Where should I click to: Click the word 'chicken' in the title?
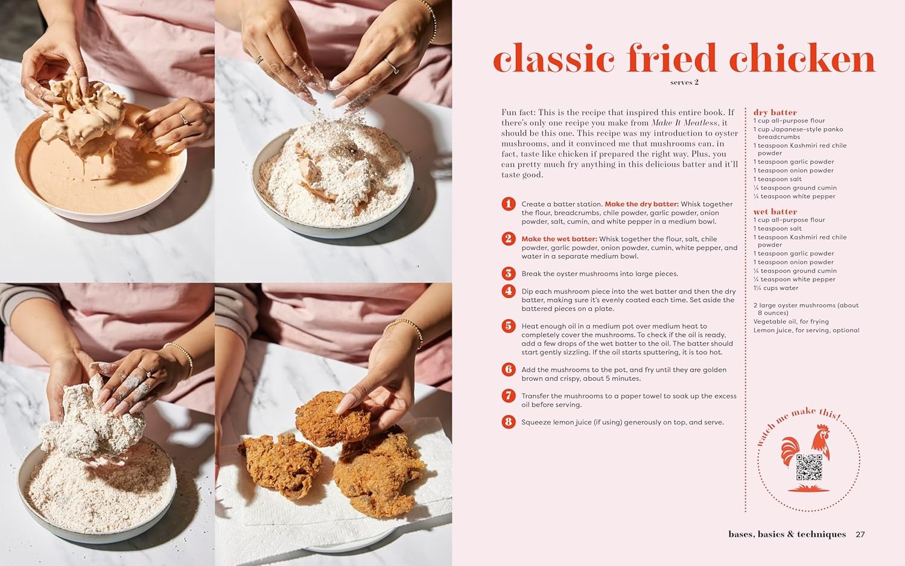click(802, 59)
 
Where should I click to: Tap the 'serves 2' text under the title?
click(684, 83)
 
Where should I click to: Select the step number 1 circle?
click(509, 204)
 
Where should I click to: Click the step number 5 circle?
click(509, 326)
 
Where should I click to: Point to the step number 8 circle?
click(509, 422)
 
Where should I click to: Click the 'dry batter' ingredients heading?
click(775, 112)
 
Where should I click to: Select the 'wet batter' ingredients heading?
click(775, 212)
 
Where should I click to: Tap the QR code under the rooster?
click(809, 468)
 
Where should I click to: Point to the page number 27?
click(860, 534)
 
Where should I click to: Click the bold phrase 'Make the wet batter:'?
click(559, 239)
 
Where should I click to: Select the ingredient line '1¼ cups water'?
click(775, 288)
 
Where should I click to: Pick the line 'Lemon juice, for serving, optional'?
click(806, 330)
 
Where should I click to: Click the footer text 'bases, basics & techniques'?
click(787, 534)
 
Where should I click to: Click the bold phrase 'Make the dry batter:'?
click(641, 204)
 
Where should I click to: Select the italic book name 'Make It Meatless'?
click(685, 123)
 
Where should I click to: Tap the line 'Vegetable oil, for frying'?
click(791, 322)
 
